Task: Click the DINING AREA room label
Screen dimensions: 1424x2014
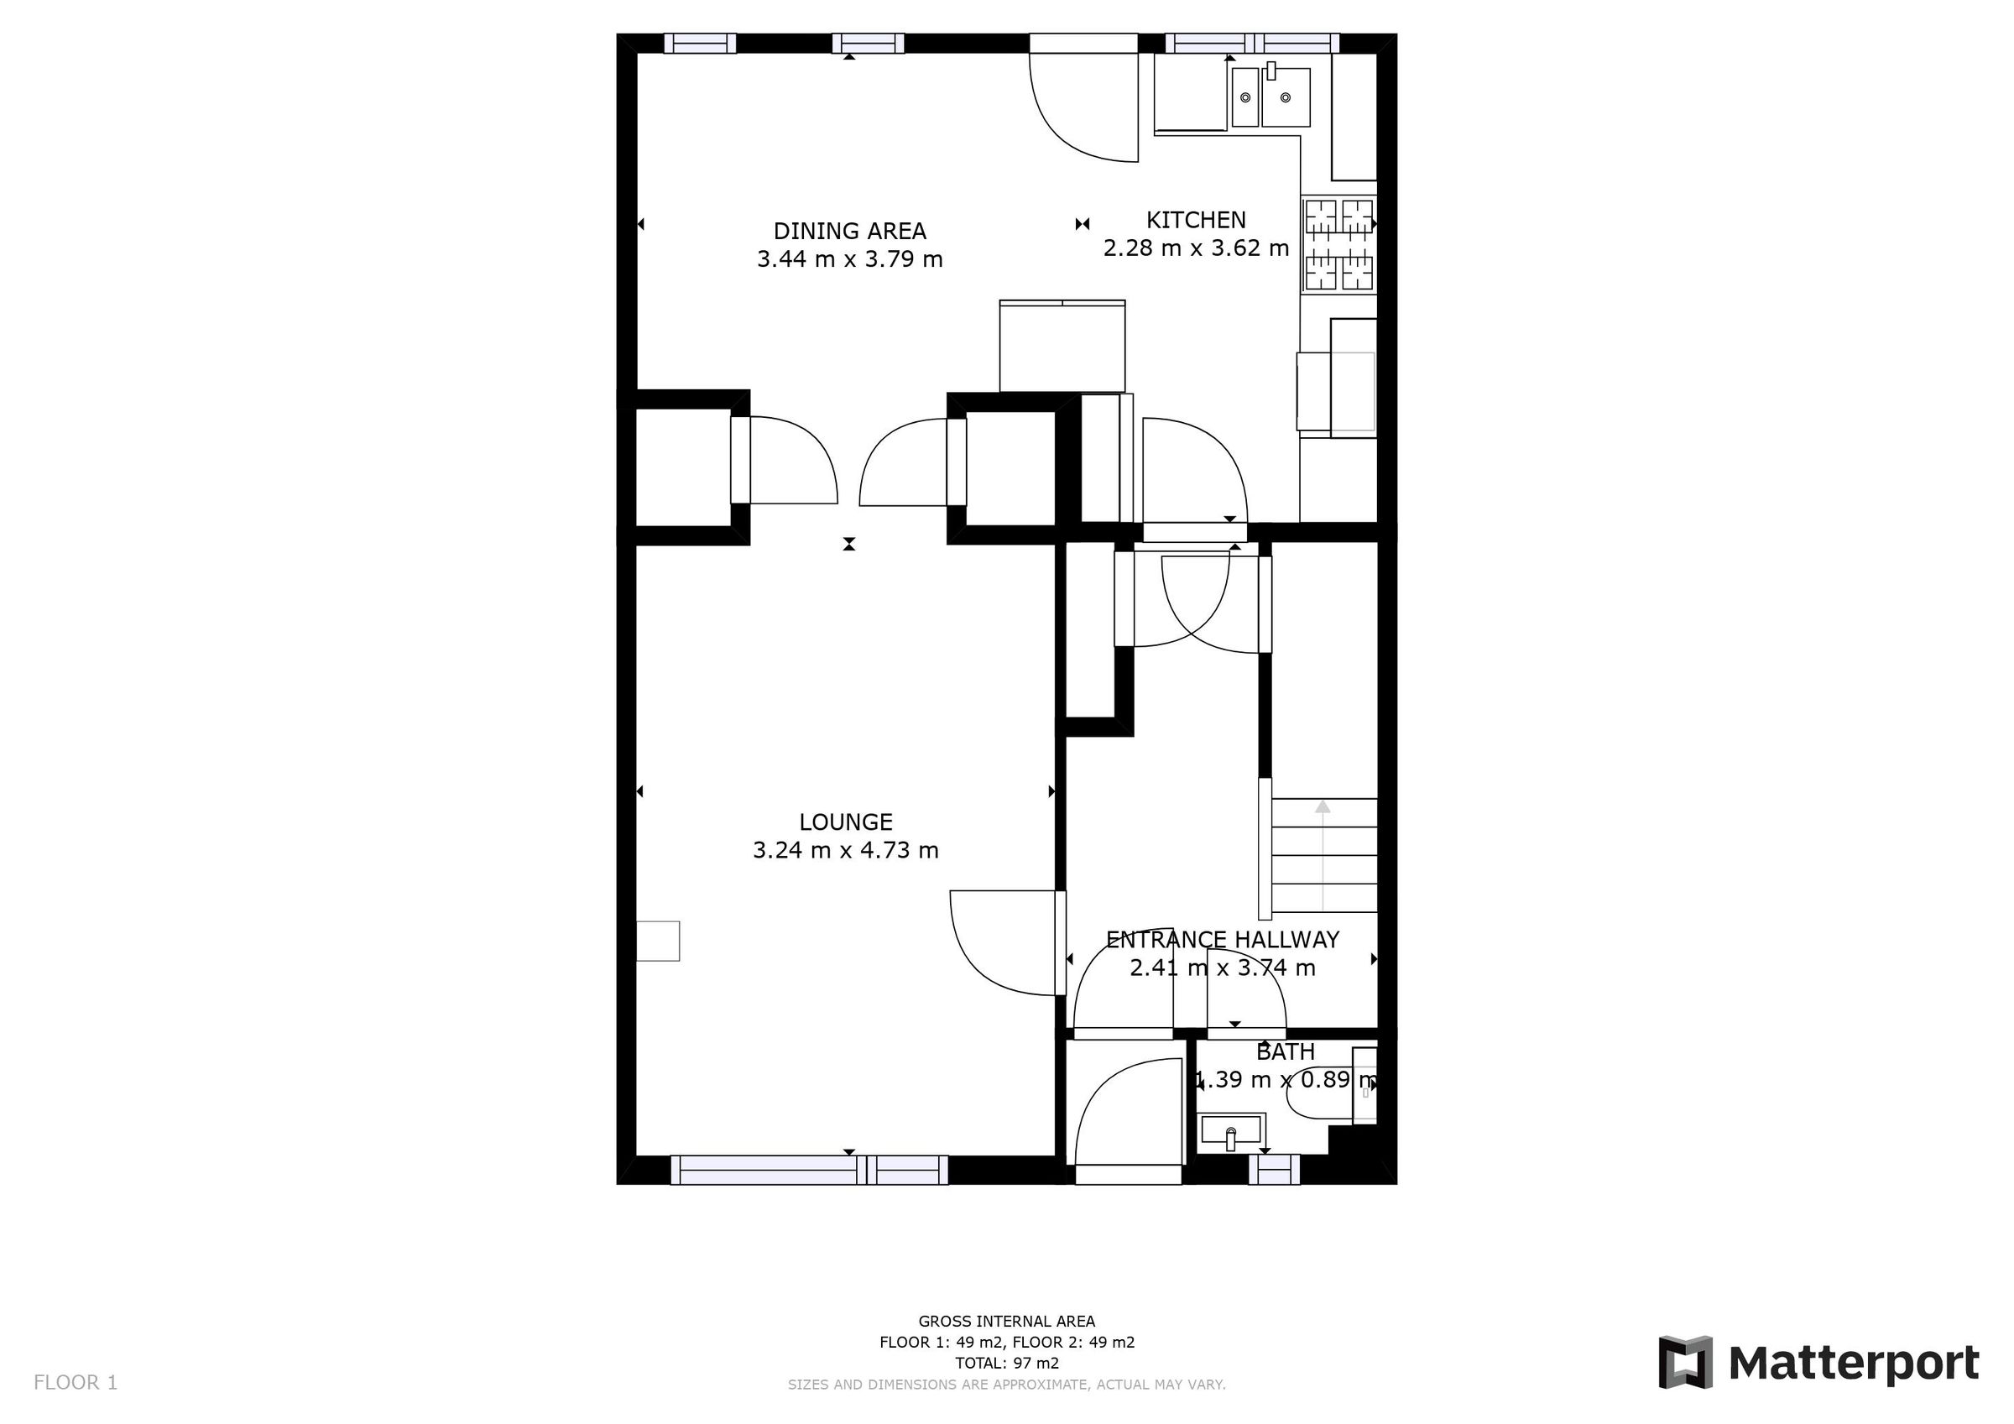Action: tap(849, 231)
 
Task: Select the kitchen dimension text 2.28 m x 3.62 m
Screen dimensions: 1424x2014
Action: tap(1196, 248)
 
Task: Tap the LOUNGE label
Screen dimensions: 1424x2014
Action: tap(846, 822)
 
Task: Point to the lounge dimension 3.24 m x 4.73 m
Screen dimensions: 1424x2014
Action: tap(846, 850)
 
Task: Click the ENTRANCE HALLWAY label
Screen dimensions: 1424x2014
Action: tap(1222, 940)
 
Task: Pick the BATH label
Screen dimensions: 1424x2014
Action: tap(1285, 1052)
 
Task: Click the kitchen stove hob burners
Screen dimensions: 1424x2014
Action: tap(1338, 244)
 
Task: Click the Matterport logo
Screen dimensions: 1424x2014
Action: tap(1819, 1363)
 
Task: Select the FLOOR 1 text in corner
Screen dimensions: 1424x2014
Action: tap(76, 1383)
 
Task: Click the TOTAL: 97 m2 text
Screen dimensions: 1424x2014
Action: tap(1006, 1364)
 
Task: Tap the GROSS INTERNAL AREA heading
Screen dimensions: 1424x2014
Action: tap(1006, 1322)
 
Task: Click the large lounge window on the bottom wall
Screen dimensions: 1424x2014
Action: tap(809, 1171)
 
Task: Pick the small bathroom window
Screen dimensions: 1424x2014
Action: tap(1274, 1170)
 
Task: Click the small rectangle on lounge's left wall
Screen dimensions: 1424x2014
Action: tap(657, 941)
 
